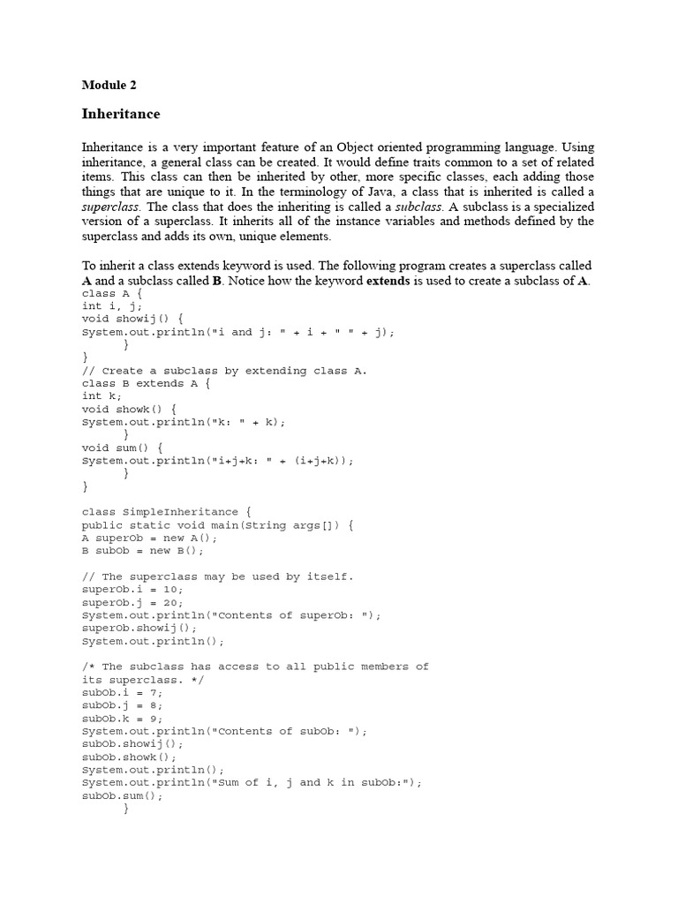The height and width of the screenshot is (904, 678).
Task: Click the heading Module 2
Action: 109,86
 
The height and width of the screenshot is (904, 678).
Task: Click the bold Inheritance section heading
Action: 121,114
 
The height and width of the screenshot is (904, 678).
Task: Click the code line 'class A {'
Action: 112,293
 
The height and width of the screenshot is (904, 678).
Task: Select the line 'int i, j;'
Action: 112,306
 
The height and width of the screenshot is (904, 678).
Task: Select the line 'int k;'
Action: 102,396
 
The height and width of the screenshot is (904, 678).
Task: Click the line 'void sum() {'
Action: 122,448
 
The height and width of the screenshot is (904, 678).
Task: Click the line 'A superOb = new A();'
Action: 149,538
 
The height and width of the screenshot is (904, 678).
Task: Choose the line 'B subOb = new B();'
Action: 142,551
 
